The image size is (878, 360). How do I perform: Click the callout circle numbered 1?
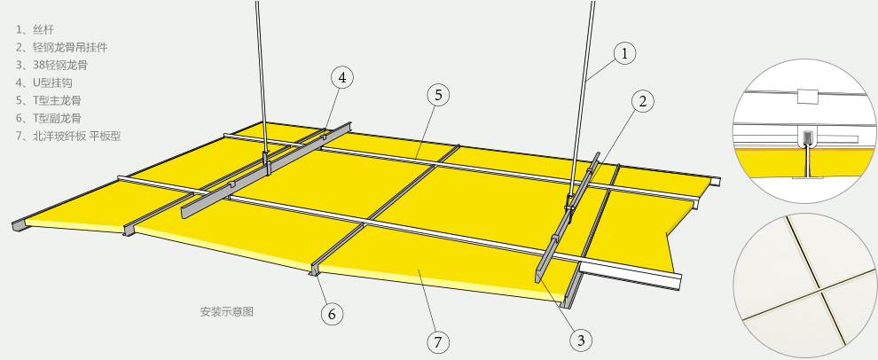click(625, 54)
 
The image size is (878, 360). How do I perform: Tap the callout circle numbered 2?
click(643, 101)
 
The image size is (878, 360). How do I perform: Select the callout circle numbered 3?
click(581, 340)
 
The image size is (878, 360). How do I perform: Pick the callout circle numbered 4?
click(342, 77)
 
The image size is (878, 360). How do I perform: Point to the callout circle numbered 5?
click(438, 95)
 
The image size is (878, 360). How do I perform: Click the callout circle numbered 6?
click(332, 314)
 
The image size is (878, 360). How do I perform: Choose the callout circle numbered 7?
click(438, 341)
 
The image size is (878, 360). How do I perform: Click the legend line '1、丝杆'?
click(35, 29)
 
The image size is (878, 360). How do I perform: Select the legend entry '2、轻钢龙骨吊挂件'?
click(61, 48)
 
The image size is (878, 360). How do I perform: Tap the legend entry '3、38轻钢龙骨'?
click(51, 66)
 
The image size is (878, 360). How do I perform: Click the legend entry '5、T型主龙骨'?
click(48, 101)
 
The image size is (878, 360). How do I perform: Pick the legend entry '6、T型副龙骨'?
click(48, 118)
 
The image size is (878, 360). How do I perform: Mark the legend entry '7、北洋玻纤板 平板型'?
click(68, 136)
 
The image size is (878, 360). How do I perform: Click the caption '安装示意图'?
click(227, 312)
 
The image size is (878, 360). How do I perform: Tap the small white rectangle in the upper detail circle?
click(807, 96)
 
